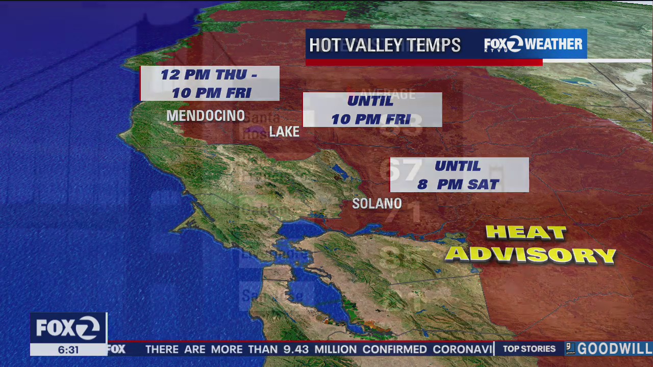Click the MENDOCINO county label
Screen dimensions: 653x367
206,116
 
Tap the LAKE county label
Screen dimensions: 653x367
284,132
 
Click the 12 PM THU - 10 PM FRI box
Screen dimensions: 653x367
210,84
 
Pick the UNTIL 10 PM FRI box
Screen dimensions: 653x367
372,110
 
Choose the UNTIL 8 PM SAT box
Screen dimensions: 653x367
459,175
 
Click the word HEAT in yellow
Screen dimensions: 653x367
526,233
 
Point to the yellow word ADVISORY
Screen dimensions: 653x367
531,254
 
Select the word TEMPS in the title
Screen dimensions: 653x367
440,45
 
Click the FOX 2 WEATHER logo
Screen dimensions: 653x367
533,44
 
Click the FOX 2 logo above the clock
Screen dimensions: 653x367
68,328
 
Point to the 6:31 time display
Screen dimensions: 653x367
68,350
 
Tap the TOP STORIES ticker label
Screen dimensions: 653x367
529,349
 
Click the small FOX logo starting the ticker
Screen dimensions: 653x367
116,349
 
